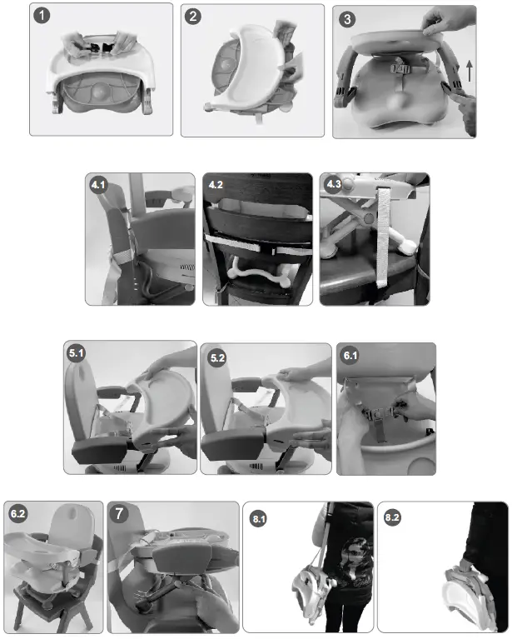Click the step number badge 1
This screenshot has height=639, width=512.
tap(43, 17)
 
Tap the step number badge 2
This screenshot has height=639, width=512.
tap(195, 17)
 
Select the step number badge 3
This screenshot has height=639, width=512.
tap(346, 19)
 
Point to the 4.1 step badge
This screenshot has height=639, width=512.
tap(100, 186)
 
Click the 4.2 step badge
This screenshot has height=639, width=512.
tap(217, 186)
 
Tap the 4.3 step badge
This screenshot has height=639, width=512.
tap(334, 186)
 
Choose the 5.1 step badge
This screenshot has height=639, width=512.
tap(78, 354)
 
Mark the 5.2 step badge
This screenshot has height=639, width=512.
tap(218, 357)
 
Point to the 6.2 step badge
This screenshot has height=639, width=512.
tap(17, 514)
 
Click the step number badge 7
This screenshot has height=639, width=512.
tap(122, 515)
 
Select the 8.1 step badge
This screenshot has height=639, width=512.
tap(259, 518)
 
